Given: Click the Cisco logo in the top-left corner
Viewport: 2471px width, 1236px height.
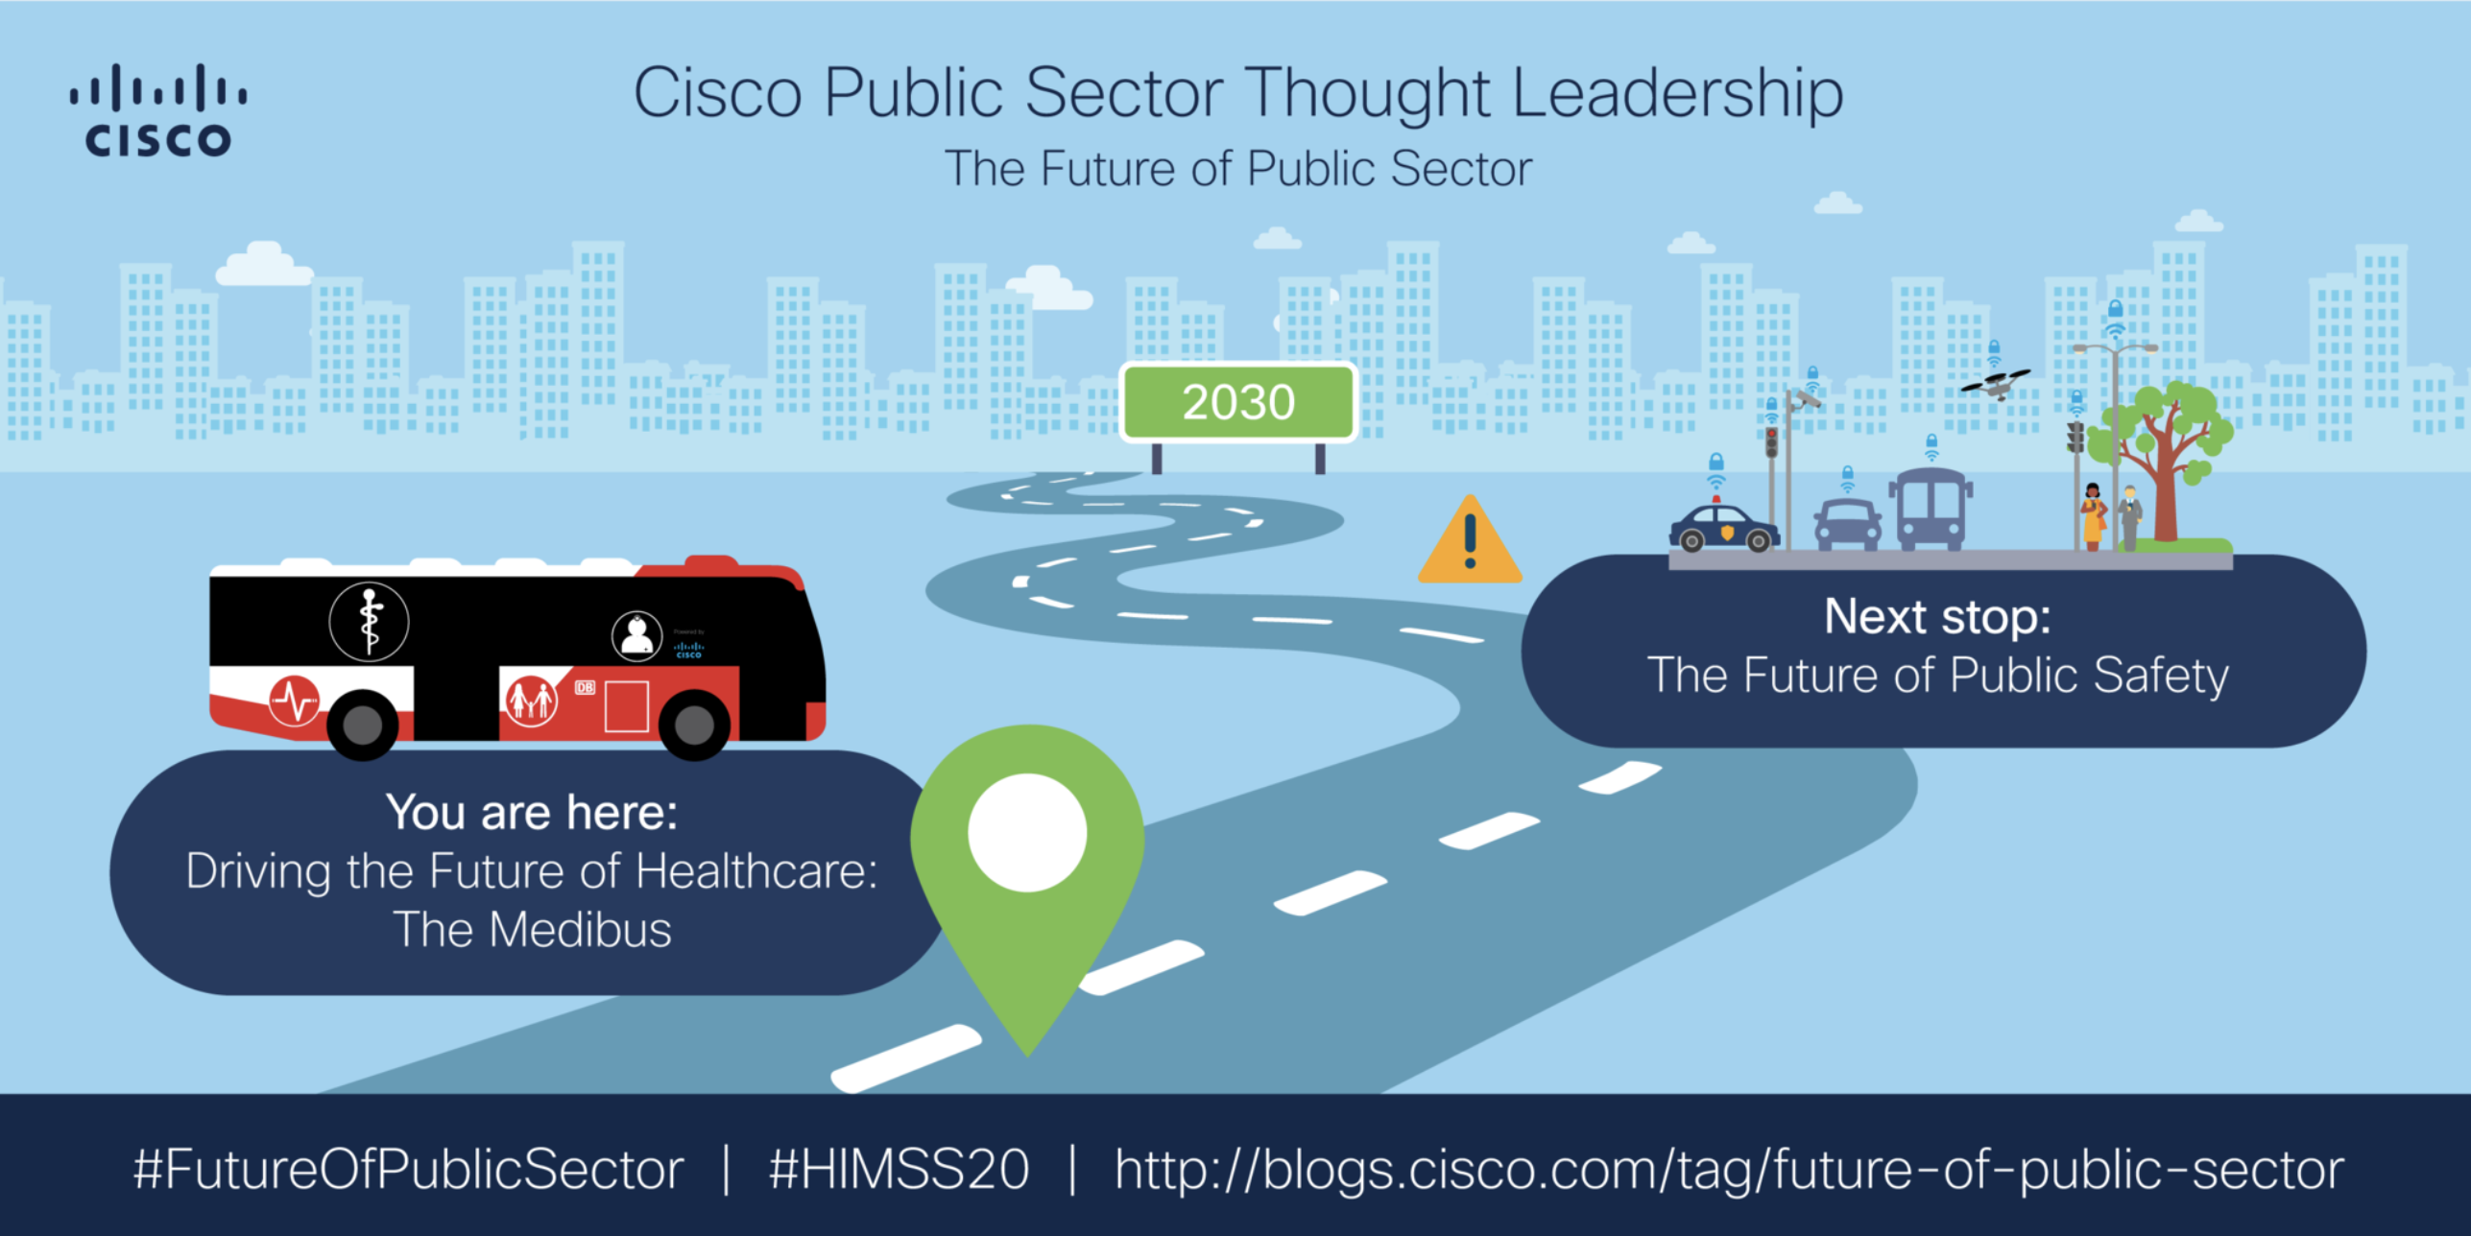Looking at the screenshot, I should pyautogui.click(x=158, y=110).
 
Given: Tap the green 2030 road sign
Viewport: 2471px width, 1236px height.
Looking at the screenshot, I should pyautogui.click(x=1238, y=402).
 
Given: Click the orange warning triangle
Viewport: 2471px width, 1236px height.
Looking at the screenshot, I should pyautogui.click(x=1470, y=543).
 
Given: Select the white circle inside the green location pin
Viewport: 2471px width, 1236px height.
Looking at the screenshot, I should pyautogui.click(x=1027, y=833).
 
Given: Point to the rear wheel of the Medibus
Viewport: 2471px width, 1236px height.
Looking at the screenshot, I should pyautogui.click(x=363, y=725).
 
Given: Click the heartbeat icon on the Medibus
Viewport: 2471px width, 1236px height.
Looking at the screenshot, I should pyautogui.click(x=295, y=701).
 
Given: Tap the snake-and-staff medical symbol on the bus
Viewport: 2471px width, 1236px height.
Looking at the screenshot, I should pyautogui.click(x=370, y=622).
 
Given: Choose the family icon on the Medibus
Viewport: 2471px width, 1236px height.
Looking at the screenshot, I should pyautogui.click(x=531, y=701).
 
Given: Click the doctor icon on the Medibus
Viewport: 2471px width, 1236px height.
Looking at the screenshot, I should pyautogui.click(x=636, y=635).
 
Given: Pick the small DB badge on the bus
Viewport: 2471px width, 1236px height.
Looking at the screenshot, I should pyautogui.click(x=585, y=687).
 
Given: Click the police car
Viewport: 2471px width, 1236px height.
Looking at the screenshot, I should pyautogui.click(x=1724, y=528).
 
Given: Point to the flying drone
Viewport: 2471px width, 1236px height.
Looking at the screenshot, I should pyautogui.click(x=1996, y=384).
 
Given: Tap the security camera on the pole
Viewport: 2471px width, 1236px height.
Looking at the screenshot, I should pyautogui.click(x=1807, y=398).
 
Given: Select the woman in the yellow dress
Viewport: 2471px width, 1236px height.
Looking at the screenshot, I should pyautogui.click(x=2093, y=518).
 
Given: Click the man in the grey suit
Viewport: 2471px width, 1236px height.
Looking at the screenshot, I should pyautogui.click(x=2130, y=519).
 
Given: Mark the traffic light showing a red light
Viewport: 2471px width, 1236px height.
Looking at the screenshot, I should pyautogui.click(x=1771, y=441).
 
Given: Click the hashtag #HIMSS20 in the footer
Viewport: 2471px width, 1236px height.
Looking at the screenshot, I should pyautogui.click(x=899, y=1170).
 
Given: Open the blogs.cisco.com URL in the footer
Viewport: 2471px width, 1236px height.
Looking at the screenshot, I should pyautogui.click(x=1729, y=1170).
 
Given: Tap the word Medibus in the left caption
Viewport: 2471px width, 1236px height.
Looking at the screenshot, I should pyautogui.click(x=580, y=930).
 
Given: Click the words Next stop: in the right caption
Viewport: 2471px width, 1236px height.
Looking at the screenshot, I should pyautogui.click(x=1937, y=616).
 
